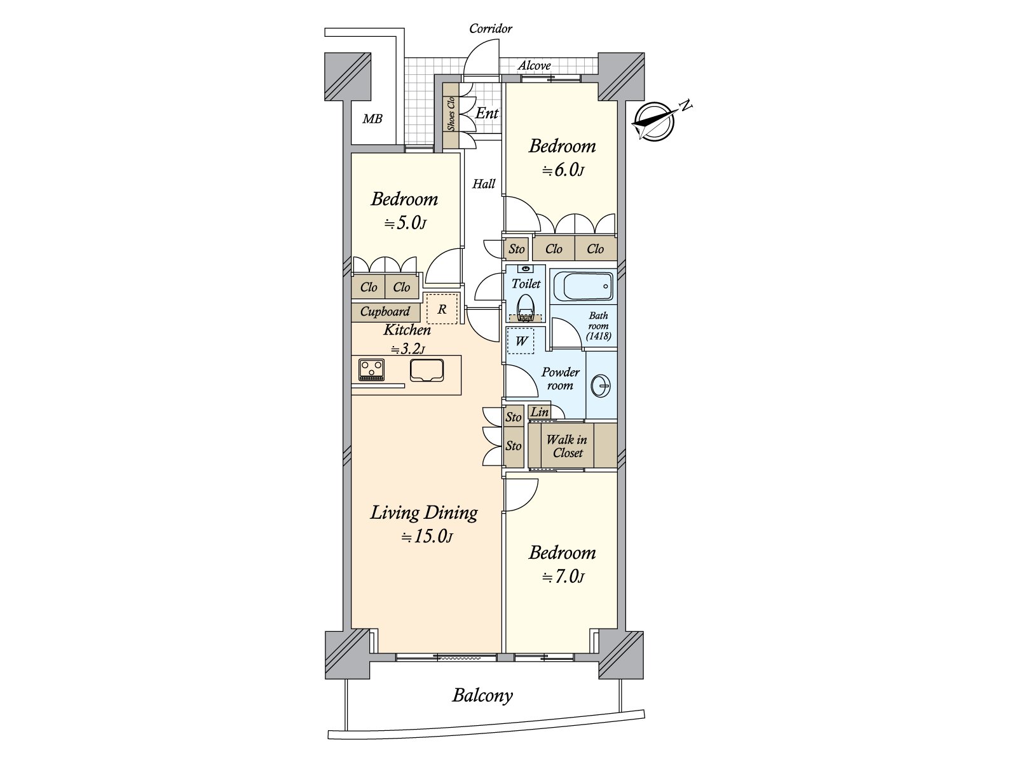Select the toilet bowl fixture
point(526,307)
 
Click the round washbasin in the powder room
point(601,385)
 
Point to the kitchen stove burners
point(371,370)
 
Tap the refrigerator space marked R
point(442,309)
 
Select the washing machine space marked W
point(521,341)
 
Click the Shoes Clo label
point(451,114)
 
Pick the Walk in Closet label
point(566,446)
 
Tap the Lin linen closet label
point(539,411)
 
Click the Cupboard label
point(385,312)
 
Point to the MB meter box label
point(372,119)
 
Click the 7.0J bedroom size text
point(563,577)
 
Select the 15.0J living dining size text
point(427,537)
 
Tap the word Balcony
point(482,695)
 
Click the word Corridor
point(491,29)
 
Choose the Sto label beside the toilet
point(517,249)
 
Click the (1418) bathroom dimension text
point(599,336)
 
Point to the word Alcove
point(534,65)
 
